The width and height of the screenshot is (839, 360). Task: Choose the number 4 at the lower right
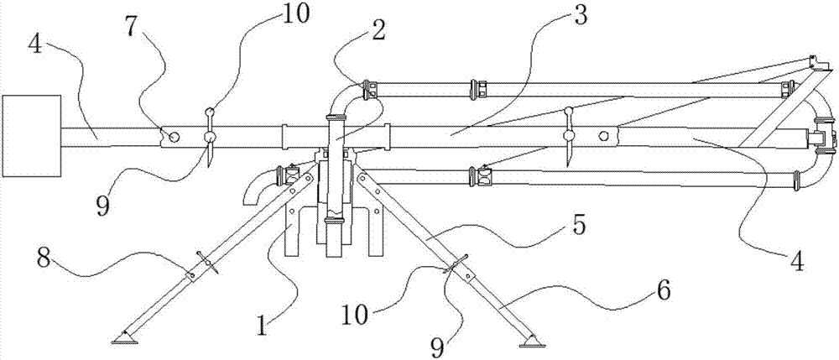click(798, 263)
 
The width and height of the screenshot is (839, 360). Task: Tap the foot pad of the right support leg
click(532, 342)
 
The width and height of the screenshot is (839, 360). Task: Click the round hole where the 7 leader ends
click(173, 138)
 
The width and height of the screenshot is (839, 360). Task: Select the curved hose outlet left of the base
click(255, 190)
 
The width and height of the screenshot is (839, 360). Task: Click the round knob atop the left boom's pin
click(211, 112)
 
